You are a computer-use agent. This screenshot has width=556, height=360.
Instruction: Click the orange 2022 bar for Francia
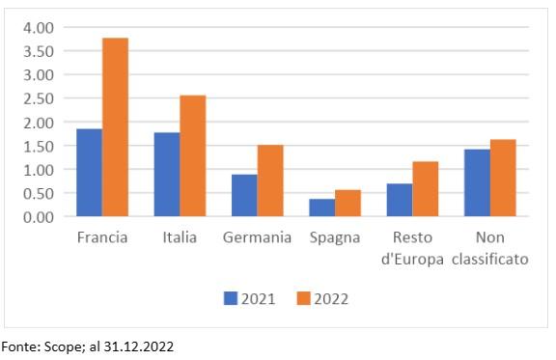(x=115, y=127)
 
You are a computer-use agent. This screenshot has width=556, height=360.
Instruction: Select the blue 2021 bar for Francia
(x=90, y=173)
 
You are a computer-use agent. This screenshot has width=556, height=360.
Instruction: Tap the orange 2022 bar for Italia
(x=193, y=155)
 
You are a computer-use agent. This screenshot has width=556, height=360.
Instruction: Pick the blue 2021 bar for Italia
(x=167, y=175)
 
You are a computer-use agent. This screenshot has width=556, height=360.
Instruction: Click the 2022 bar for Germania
(x=270, y=180)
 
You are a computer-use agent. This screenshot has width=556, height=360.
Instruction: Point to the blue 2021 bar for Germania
(x=244, y=195)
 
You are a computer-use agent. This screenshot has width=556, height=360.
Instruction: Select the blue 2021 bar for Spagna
(x=322, y=208)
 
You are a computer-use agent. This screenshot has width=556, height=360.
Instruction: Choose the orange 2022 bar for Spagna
(x=348, y=204)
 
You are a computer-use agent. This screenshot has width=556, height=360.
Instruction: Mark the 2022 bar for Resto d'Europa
(x=426, y=189)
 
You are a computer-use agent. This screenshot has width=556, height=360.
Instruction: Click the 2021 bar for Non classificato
(x=477, y=182)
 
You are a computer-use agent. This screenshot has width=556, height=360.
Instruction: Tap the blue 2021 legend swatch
(x=231, y=298)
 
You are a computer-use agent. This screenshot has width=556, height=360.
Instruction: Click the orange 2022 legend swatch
(x=303, y=298)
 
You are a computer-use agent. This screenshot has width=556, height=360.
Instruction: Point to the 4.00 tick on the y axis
(x=39, y=28)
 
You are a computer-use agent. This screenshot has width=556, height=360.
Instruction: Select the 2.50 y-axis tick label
(x=39, y=98)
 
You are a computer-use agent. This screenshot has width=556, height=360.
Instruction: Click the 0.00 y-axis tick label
(x=39, y=217)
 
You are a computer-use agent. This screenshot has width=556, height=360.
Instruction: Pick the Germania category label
(x=257, y=237)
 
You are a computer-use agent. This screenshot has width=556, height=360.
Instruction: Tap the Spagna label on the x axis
(x=335, y=238)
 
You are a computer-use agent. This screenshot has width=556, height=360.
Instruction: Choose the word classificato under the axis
(x=490, y=259)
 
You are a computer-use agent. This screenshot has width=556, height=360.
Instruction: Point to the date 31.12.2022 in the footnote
(x=139, y=346)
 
